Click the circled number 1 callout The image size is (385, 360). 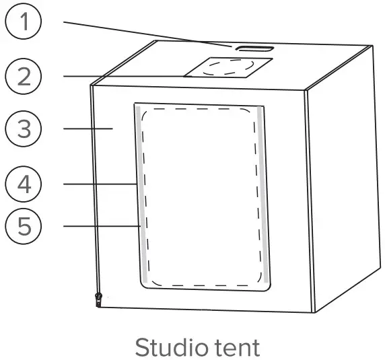[x=24, y=22]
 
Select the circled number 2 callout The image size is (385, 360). [x=24, y=76]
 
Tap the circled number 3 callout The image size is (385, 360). [x=24, y=129]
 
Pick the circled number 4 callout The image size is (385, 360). [x=24, y=183]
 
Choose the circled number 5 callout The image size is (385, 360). [x=24, y=226]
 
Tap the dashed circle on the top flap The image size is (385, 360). [x=229, y=67]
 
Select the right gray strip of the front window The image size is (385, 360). [x=265, y=195]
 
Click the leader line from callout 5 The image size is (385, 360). [x=101, y=226]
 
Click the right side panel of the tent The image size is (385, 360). [x=340, y=182]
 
